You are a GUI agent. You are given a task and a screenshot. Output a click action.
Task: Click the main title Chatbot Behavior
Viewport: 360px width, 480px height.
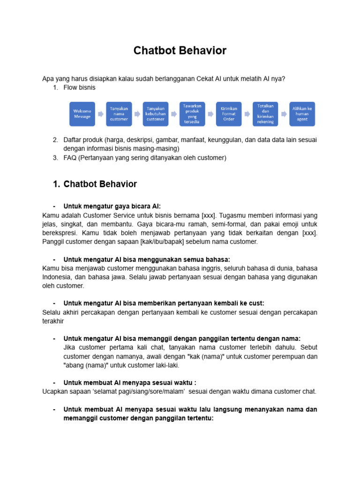[x=180, y=51]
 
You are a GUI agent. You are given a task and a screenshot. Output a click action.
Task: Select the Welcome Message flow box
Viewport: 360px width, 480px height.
[x=82, y=114]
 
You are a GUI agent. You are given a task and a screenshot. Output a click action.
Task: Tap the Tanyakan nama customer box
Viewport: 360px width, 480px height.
[x=119, y=114]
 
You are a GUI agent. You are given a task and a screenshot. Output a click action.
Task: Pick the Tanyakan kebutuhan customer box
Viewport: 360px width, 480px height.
[x=155, y=114]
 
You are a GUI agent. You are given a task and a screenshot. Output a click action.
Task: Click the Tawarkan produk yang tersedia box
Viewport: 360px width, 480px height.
[x=192, y=114]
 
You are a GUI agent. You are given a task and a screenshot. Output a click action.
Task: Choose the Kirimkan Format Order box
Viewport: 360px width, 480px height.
[x=229, y=114]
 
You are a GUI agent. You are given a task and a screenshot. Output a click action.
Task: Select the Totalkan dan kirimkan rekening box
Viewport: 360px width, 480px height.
[x=265, y=114]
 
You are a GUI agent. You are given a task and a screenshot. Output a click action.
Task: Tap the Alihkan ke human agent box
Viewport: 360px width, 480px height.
[x=302, y=114]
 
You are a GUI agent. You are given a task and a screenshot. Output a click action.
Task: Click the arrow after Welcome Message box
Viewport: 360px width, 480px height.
[x=100, y=114]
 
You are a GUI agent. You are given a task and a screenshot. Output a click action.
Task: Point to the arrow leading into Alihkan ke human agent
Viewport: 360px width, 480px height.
[x=284, y=114]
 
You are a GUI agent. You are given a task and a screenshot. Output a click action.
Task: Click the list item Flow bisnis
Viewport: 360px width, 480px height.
[x=79, y=87]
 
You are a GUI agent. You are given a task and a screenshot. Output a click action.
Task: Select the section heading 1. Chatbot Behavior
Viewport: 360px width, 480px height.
[x=95, y=184]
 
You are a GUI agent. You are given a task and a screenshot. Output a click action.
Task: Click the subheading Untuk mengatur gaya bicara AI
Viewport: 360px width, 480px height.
[x=112, y=206]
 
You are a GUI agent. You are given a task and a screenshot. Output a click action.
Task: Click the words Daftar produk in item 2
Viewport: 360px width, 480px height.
[x=82, y=140]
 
